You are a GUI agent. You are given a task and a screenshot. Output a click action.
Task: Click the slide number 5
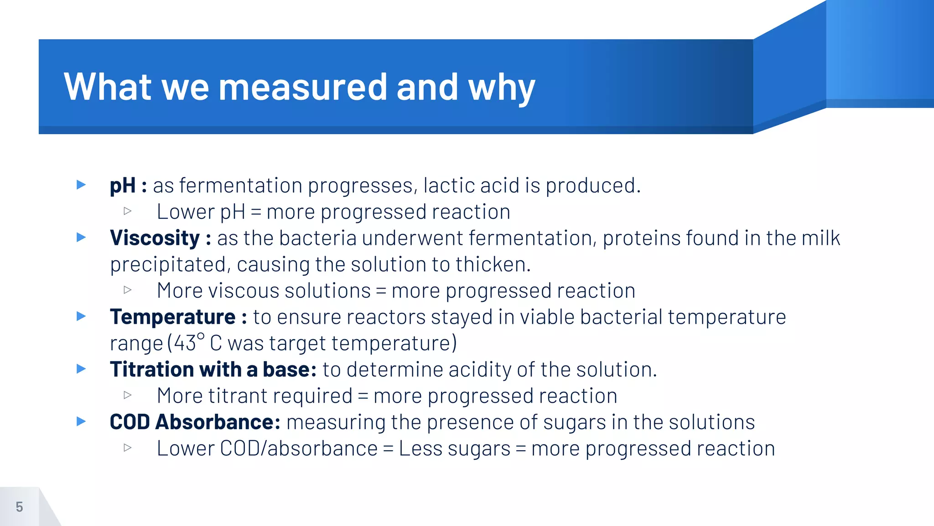coord(19,507)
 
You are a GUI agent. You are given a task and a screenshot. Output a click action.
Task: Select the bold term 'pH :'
coord(128,186)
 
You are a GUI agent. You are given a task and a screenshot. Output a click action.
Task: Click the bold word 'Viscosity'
coord(155,238)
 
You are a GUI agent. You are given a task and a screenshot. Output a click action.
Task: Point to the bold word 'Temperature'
coord(172,317)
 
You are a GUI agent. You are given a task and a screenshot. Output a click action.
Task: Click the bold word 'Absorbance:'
coord(218,422)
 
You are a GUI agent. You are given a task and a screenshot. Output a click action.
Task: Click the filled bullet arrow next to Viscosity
coord(81,237)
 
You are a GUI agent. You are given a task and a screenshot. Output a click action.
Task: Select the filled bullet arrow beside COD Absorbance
coord(81,421)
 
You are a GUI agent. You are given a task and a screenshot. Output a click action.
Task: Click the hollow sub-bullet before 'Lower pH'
coord(128,211)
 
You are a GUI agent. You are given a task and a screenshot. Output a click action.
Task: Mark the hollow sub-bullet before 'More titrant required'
coord(128,395)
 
